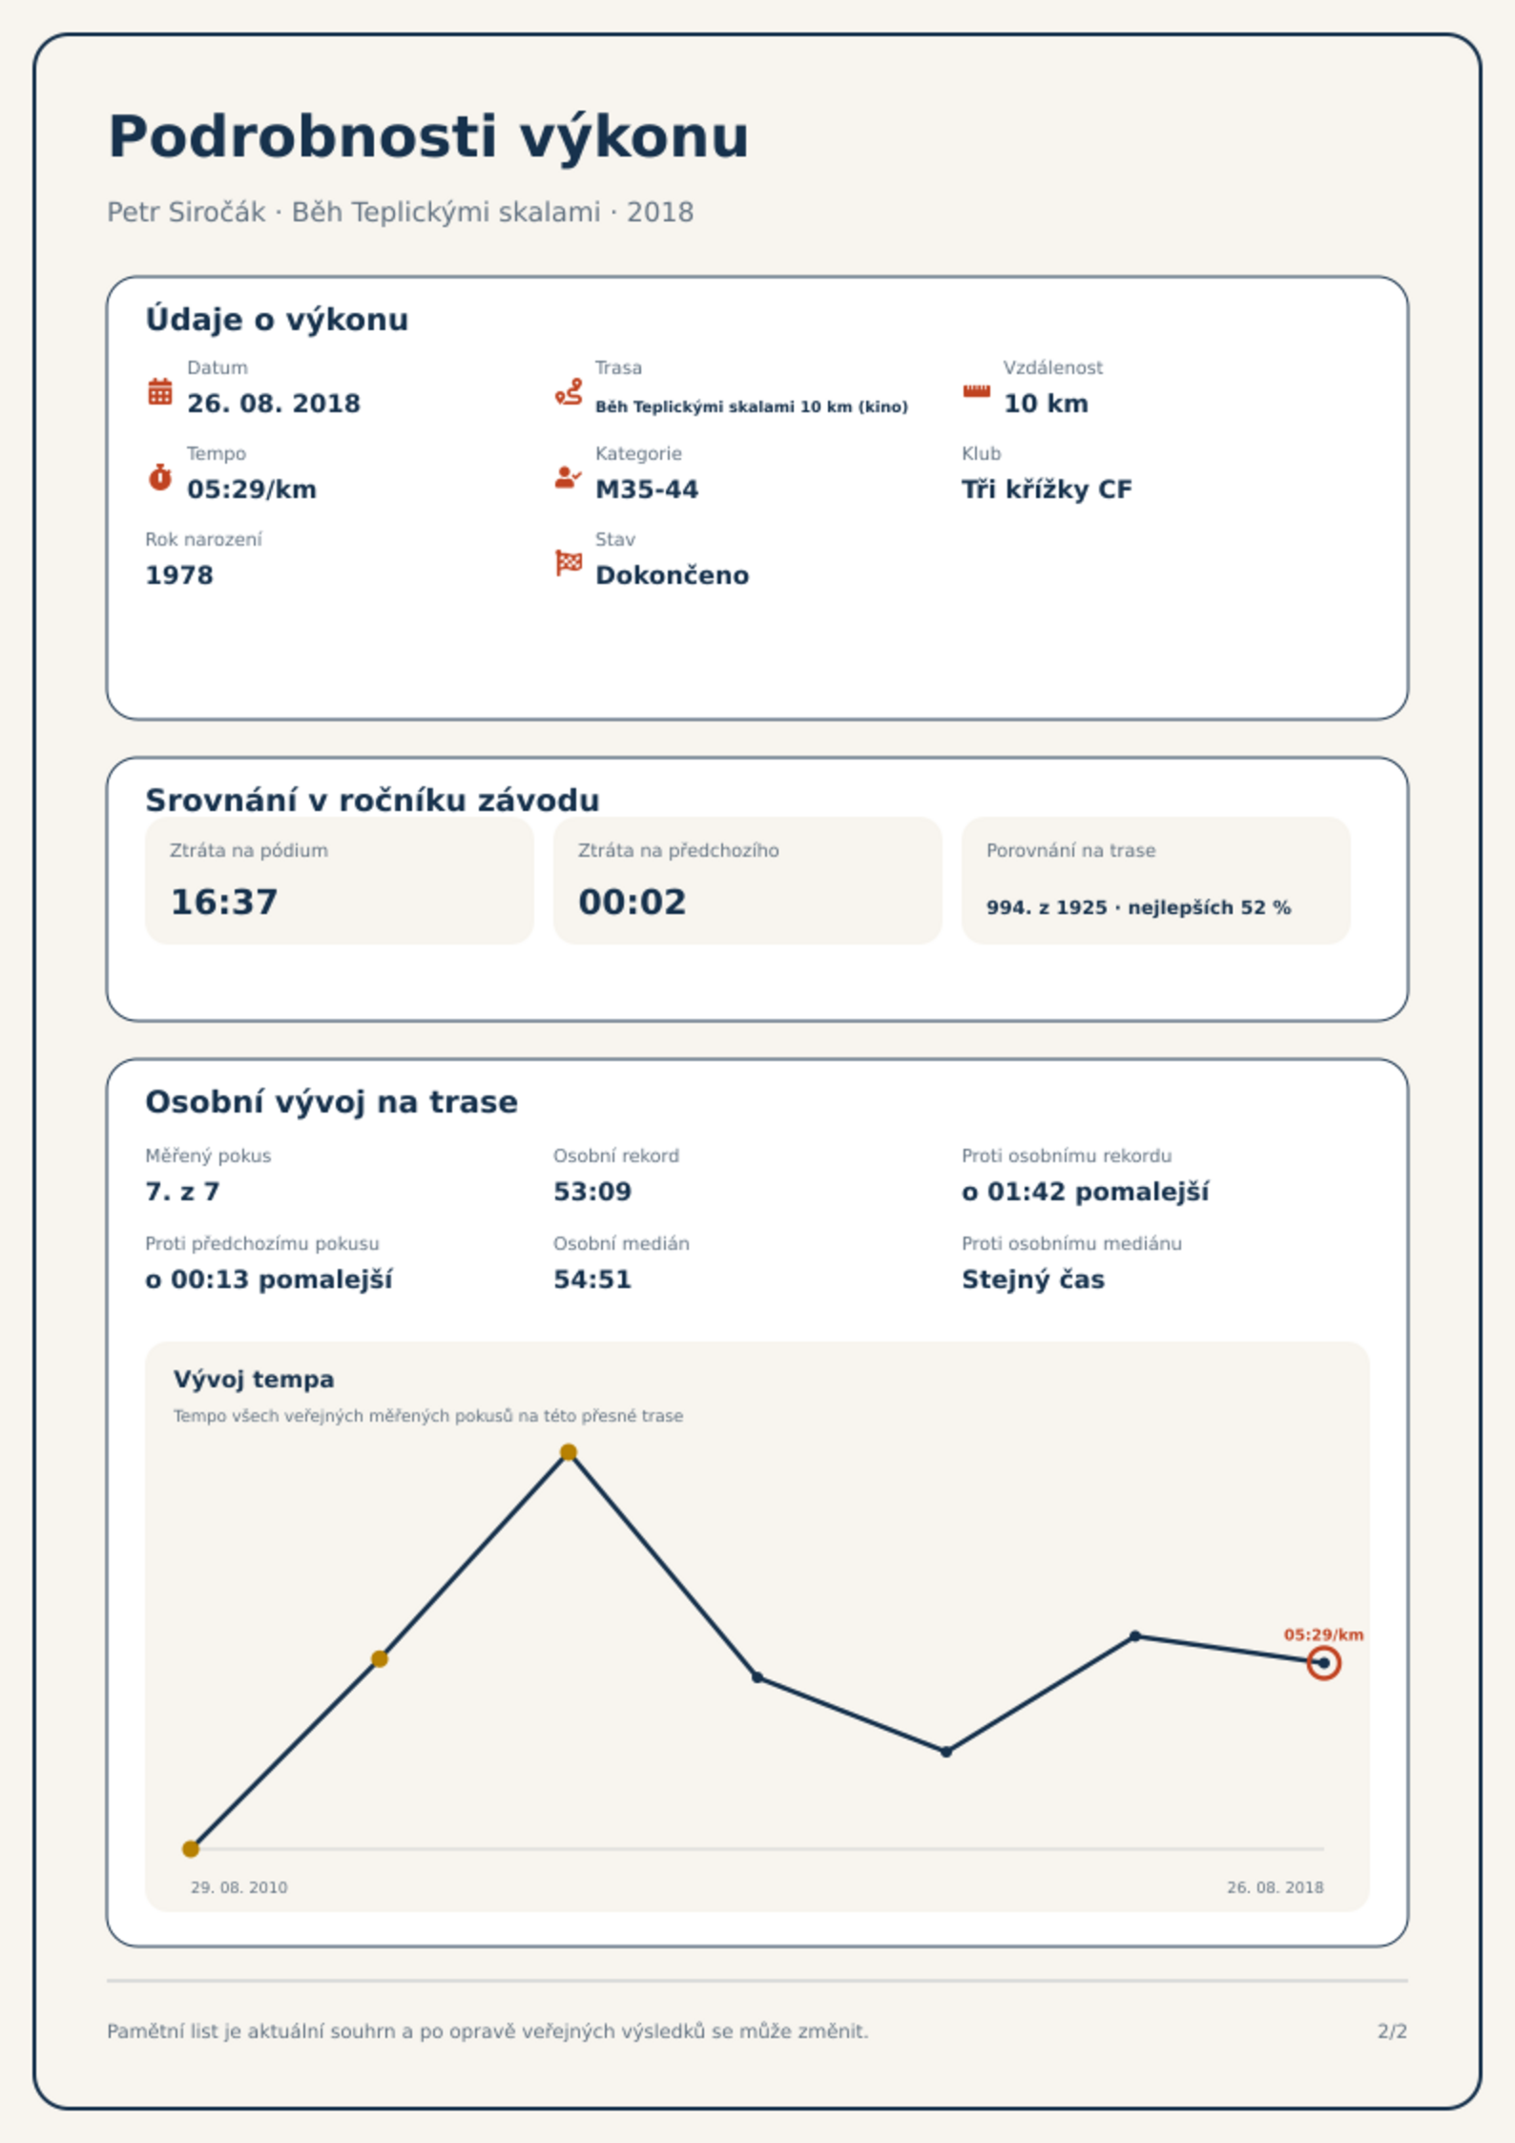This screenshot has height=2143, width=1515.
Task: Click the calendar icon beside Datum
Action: click(160, 391)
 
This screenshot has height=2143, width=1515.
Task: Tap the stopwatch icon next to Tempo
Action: click(160, 476)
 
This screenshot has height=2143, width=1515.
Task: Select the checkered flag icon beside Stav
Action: click(569, 563)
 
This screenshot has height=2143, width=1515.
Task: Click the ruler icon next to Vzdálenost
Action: click(976, 391)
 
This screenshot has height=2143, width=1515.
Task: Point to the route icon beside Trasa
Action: click(569, 391)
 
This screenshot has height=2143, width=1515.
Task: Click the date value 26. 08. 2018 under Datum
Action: click(274, 404)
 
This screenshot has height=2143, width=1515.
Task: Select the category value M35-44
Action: click(647, 489)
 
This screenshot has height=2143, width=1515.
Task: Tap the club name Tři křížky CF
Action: click(1047, 489)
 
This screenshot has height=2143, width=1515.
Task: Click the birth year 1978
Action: click(179, 575)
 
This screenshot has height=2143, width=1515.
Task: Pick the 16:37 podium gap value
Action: click(224, 902)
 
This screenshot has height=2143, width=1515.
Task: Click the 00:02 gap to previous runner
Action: click(633, 902)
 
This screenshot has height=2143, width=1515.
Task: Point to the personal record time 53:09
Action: click(592, 1192)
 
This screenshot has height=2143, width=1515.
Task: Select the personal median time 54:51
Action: click(592, 1280)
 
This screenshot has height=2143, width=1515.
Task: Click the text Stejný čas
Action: click(1033, 1280)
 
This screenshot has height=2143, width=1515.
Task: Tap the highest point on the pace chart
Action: click(569, 1452)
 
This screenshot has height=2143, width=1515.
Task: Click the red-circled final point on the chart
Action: click(1323, 1663)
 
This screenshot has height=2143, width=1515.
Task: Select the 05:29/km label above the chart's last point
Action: click(1323, 1634)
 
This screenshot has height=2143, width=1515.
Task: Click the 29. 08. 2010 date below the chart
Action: click(239, 1887)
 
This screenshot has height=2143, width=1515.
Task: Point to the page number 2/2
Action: click(1392, 2031)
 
